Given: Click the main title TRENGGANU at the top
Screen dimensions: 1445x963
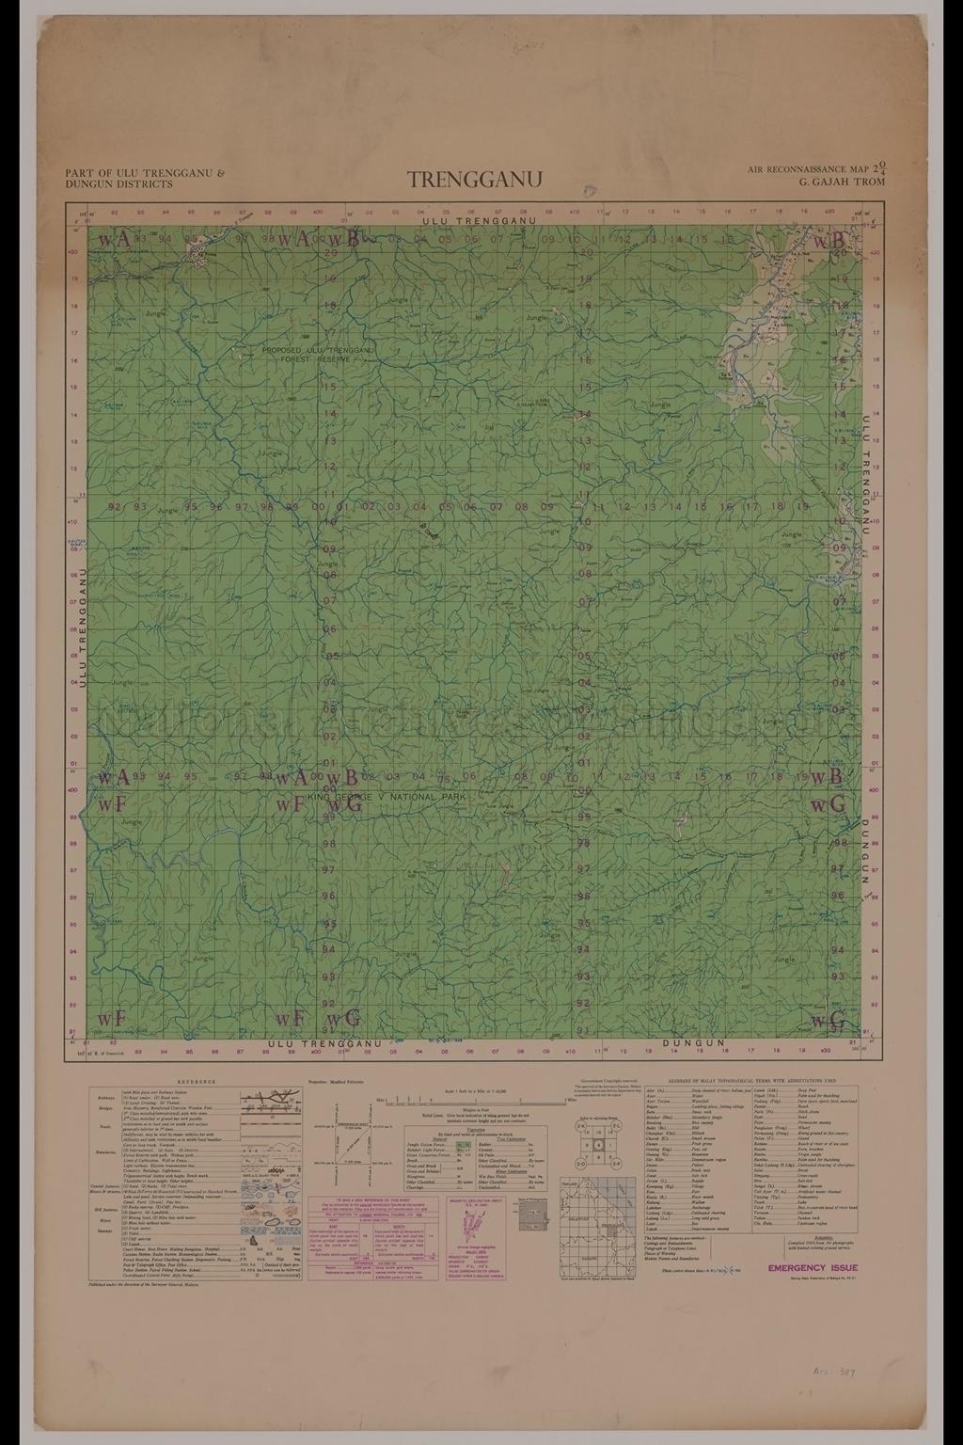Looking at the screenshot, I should (475, 179).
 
